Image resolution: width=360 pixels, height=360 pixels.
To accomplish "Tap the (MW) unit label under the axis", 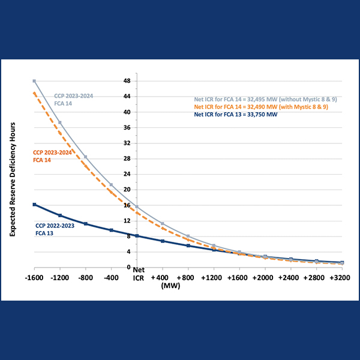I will point(171,286).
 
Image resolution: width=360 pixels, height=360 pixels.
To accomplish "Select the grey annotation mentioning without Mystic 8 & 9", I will point(251,99).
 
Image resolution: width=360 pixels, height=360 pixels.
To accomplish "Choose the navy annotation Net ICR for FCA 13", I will point(235,115).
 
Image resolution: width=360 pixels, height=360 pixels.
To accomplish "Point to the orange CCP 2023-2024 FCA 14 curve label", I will point(53,156).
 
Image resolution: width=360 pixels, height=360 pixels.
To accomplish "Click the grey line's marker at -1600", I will point(35,81).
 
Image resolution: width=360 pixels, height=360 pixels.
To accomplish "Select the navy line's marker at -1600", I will point(35,205).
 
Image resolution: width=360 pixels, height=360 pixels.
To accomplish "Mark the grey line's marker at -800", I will point(86,157).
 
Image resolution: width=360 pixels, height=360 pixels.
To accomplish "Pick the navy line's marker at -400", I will point(112,230).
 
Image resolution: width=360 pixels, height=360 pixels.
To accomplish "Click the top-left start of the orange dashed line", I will point(35,92).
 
